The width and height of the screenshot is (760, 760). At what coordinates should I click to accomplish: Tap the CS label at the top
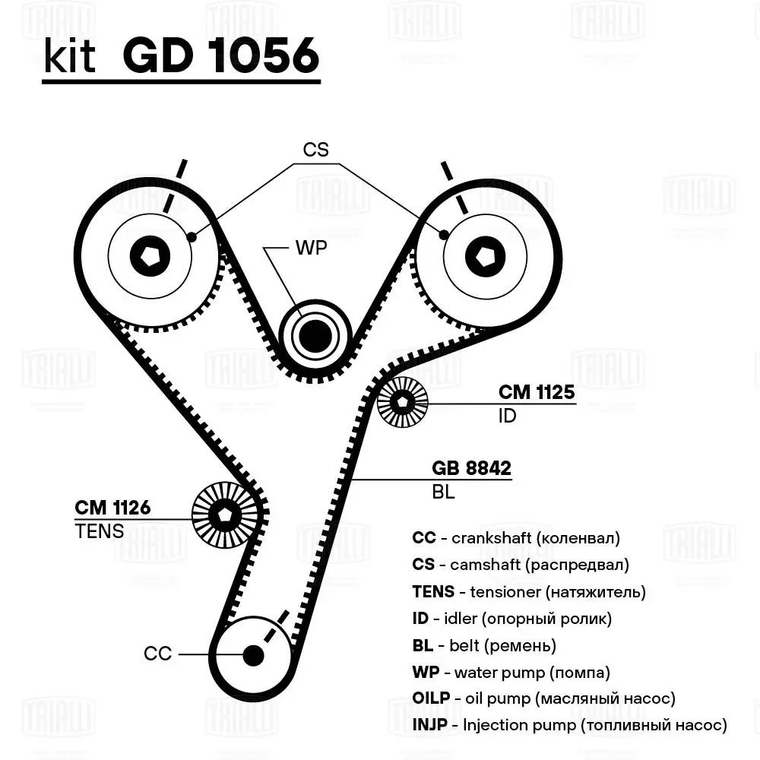point(315,150)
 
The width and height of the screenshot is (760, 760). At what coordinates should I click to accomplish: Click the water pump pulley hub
point(314,334)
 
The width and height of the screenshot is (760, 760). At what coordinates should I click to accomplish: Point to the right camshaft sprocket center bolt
point(485,255)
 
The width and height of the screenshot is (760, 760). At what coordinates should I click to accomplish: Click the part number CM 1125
point(536,392)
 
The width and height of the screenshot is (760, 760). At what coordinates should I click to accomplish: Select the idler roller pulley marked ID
point(402,402)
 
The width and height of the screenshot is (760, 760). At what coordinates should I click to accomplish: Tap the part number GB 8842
point(471,468)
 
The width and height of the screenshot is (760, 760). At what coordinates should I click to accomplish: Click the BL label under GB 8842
point(443,492)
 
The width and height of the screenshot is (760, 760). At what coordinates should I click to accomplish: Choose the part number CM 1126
point(112,507)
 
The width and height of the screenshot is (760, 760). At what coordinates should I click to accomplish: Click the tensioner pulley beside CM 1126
point(224,515)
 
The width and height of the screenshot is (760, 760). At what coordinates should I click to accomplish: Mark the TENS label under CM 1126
point(99,531)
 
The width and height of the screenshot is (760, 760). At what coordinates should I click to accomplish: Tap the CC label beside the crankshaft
point(158,654)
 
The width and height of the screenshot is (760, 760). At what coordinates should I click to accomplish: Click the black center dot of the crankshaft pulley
point(252,654)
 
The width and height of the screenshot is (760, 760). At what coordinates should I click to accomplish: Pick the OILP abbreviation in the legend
point(429,698)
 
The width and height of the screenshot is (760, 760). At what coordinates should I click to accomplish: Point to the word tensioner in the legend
point(505,591)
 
